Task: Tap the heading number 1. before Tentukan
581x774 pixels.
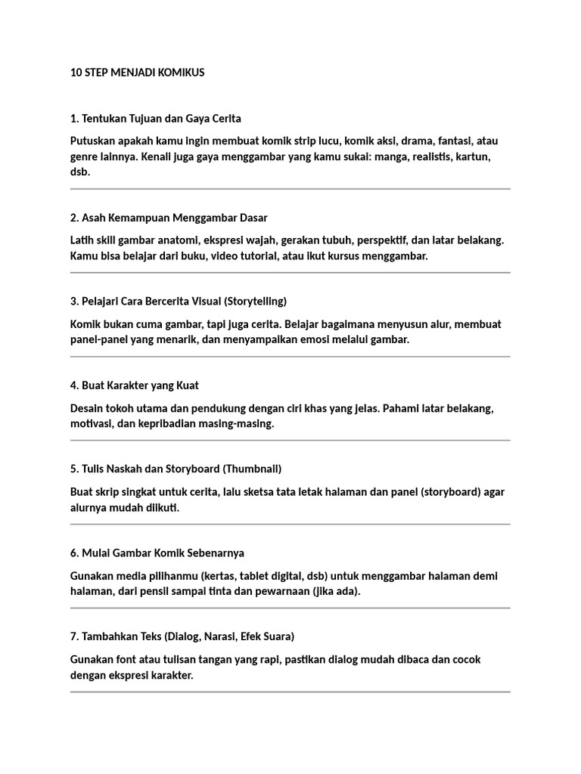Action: pos(74,119)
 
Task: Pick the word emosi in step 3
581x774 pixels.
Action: pos(319,340)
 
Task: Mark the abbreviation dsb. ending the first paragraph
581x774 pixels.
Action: pos(80,172)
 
